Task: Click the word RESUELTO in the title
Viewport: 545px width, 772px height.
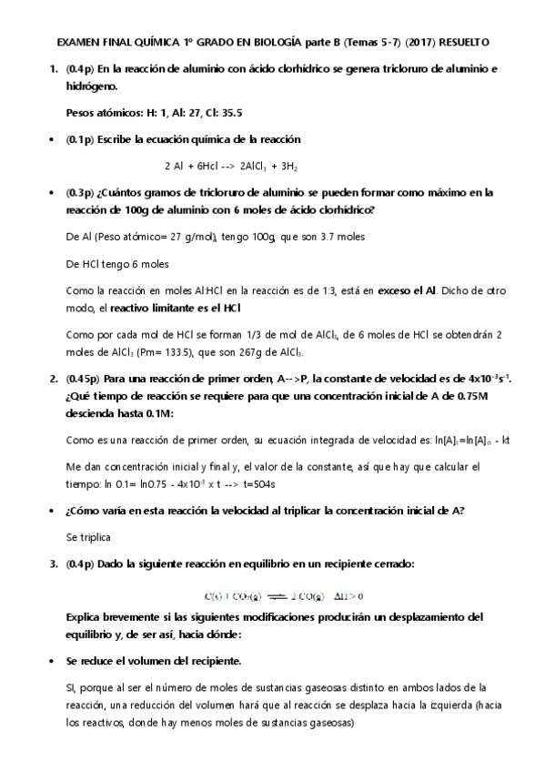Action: coord(462,43)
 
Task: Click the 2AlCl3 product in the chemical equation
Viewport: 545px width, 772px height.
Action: coord(257,167)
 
